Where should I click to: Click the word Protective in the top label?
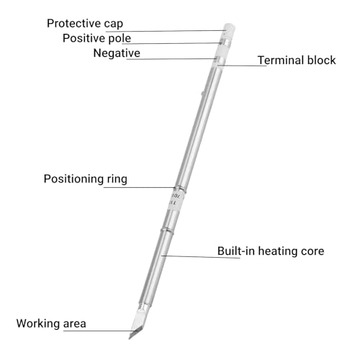74,24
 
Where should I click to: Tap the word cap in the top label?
114,24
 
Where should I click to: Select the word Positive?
84,38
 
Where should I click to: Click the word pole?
120,39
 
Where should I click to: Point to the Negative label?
117,53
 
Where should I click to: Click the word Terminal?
281,60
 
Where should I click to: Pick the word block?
322,60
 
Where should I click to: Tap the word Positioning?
73,179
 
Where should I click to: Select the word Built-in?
236,251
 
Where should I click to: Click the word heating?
278,251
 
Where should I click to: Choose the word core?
312,251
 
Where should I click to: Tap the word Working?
38,324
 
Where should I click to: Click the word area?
75,324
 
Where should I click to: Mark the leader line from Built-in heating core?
200,257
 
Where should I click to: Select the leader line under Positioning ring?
139,187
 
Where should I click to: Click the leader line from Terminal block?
242,66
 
